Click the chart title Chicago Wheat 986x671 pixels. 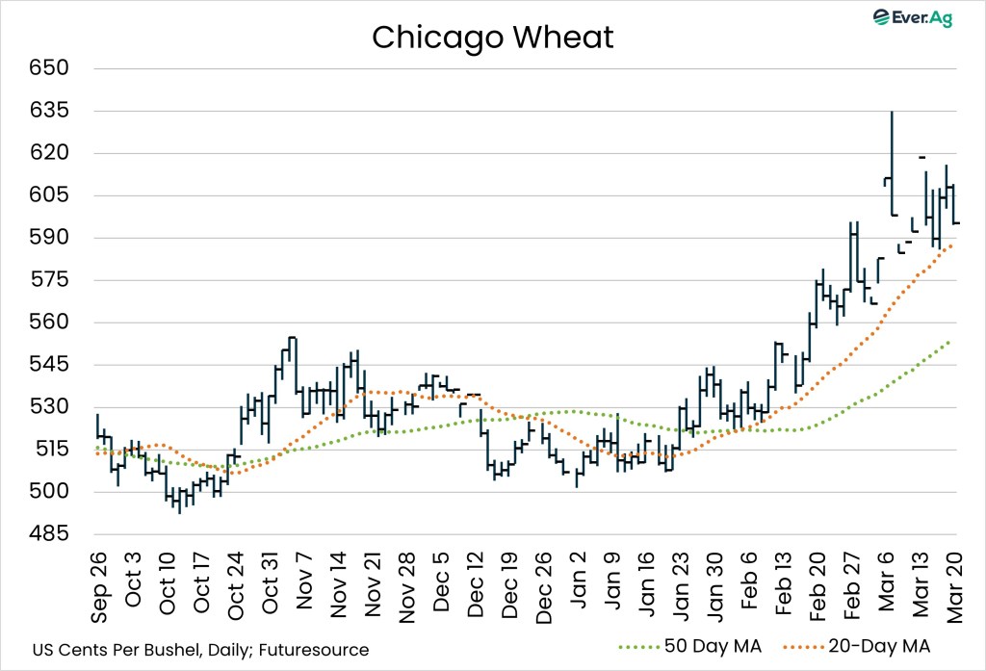tap(492, 37)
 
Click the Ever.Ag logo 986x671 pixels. tap(911, 17)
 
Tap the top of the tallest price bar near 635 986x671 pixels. tap(892, 112)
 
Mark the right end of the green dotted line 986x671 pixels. tap(950, 341)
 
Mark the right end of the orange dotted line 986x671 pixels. tap(952, 245)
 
